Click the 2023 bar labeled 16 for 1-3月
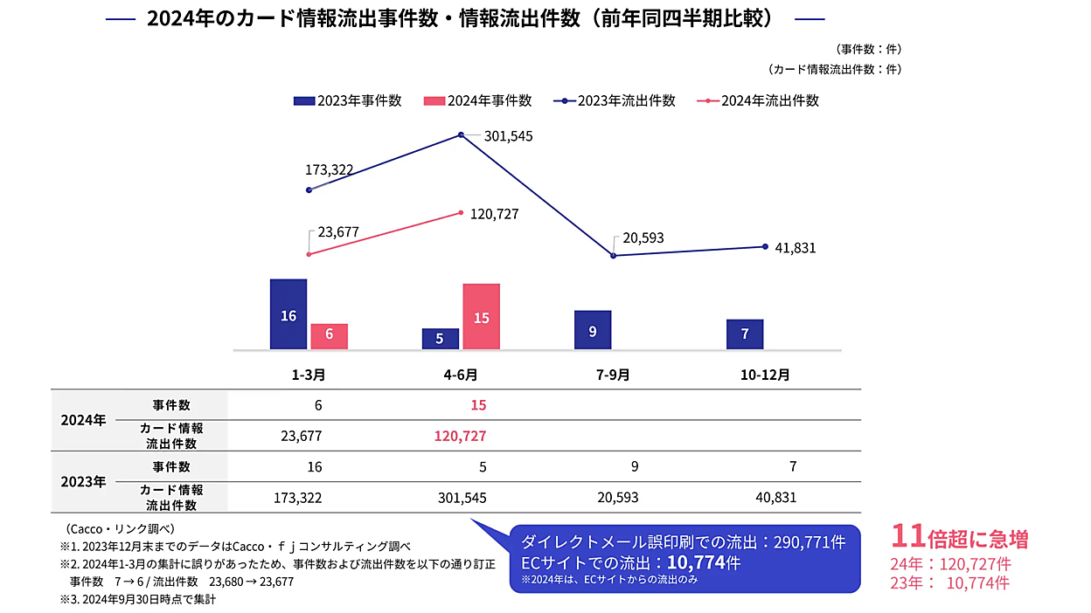click(x=288, y=314)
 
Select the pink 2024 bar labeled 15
click(x=481, y=316)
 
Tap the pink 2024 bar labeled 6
click(x=329, y=336)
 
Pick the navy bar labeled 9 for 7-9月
click(x=593, y=330)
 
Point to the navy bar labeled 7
click(x=745, y=334)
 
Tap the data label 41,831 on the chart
click(x=795, y=248)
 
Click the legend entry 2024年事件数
click(x=478, y=100)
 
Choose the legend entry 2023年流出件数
click(x=615, y=100)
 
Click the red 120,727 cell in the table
click(x=460, y=436)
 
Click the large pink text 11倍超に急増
click(x=959, y=537)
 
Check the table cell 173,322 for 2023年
click(x=299, y=498)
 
